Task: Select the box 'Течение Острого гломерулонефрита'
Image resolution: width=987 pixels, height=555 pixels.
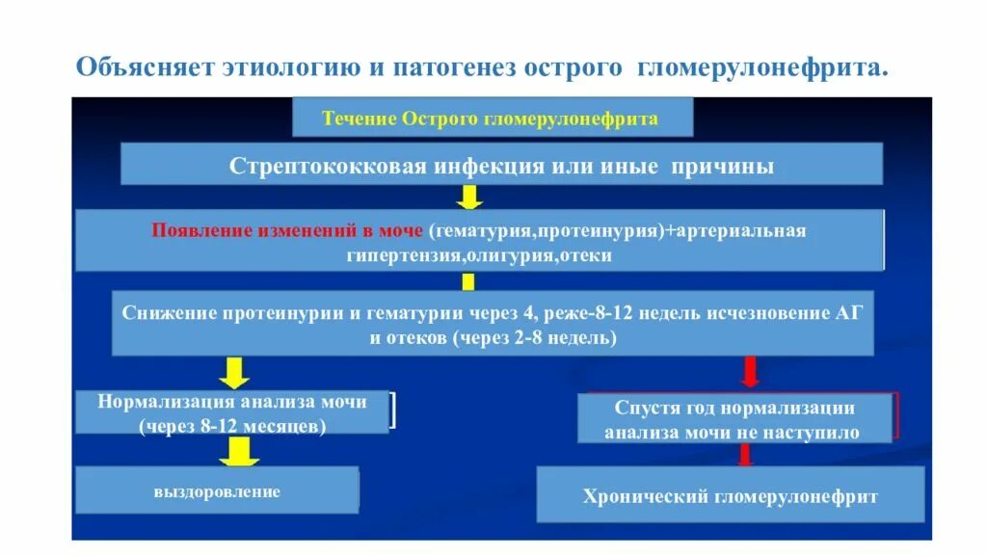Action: pos(492,119)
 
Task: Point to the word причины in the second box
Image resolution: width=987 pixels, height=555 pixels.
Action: pos(736,165)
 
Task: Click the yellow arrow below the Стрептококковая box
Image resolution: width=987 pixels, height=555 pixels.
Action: pos(469,198)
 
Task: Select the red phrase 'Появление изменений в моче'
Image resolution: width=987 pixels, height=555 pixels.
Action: pos(289,231)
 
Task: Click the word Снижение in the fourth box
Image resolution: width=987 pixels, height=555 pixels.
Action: pos(171,314)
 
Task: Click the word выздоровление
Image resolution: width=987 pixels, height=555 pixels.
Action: pos(217,491)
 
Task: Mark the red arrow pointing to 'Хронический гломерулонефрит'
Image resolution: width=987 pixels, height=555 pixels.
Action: pos(744,456)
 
